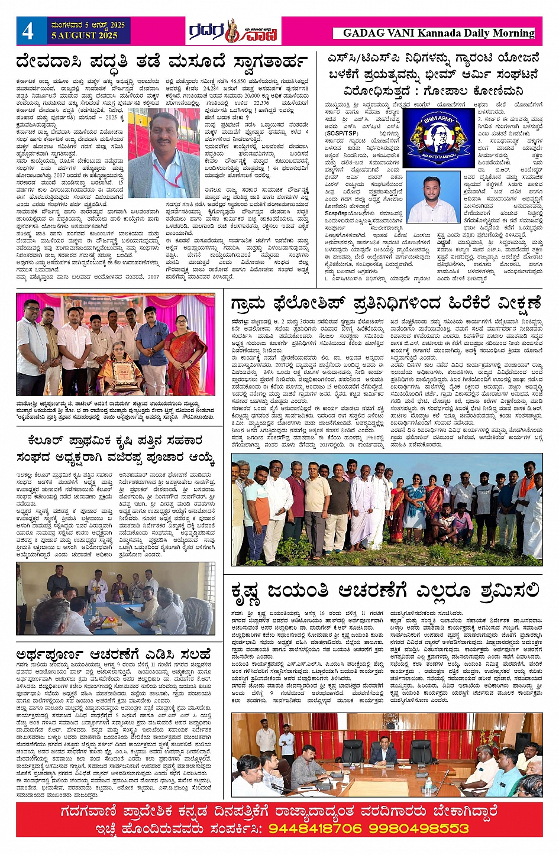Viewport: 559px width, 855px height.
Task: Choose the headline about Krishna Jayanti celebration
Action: point(385,591)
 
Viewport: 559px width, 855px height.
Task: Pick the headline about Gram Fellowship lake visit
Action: point(386,304)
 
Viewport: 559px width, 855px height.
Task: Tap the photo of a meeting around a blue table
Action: point(115,598)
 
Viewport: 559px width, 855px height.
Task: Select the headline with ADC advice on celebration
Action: point(114,655)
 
